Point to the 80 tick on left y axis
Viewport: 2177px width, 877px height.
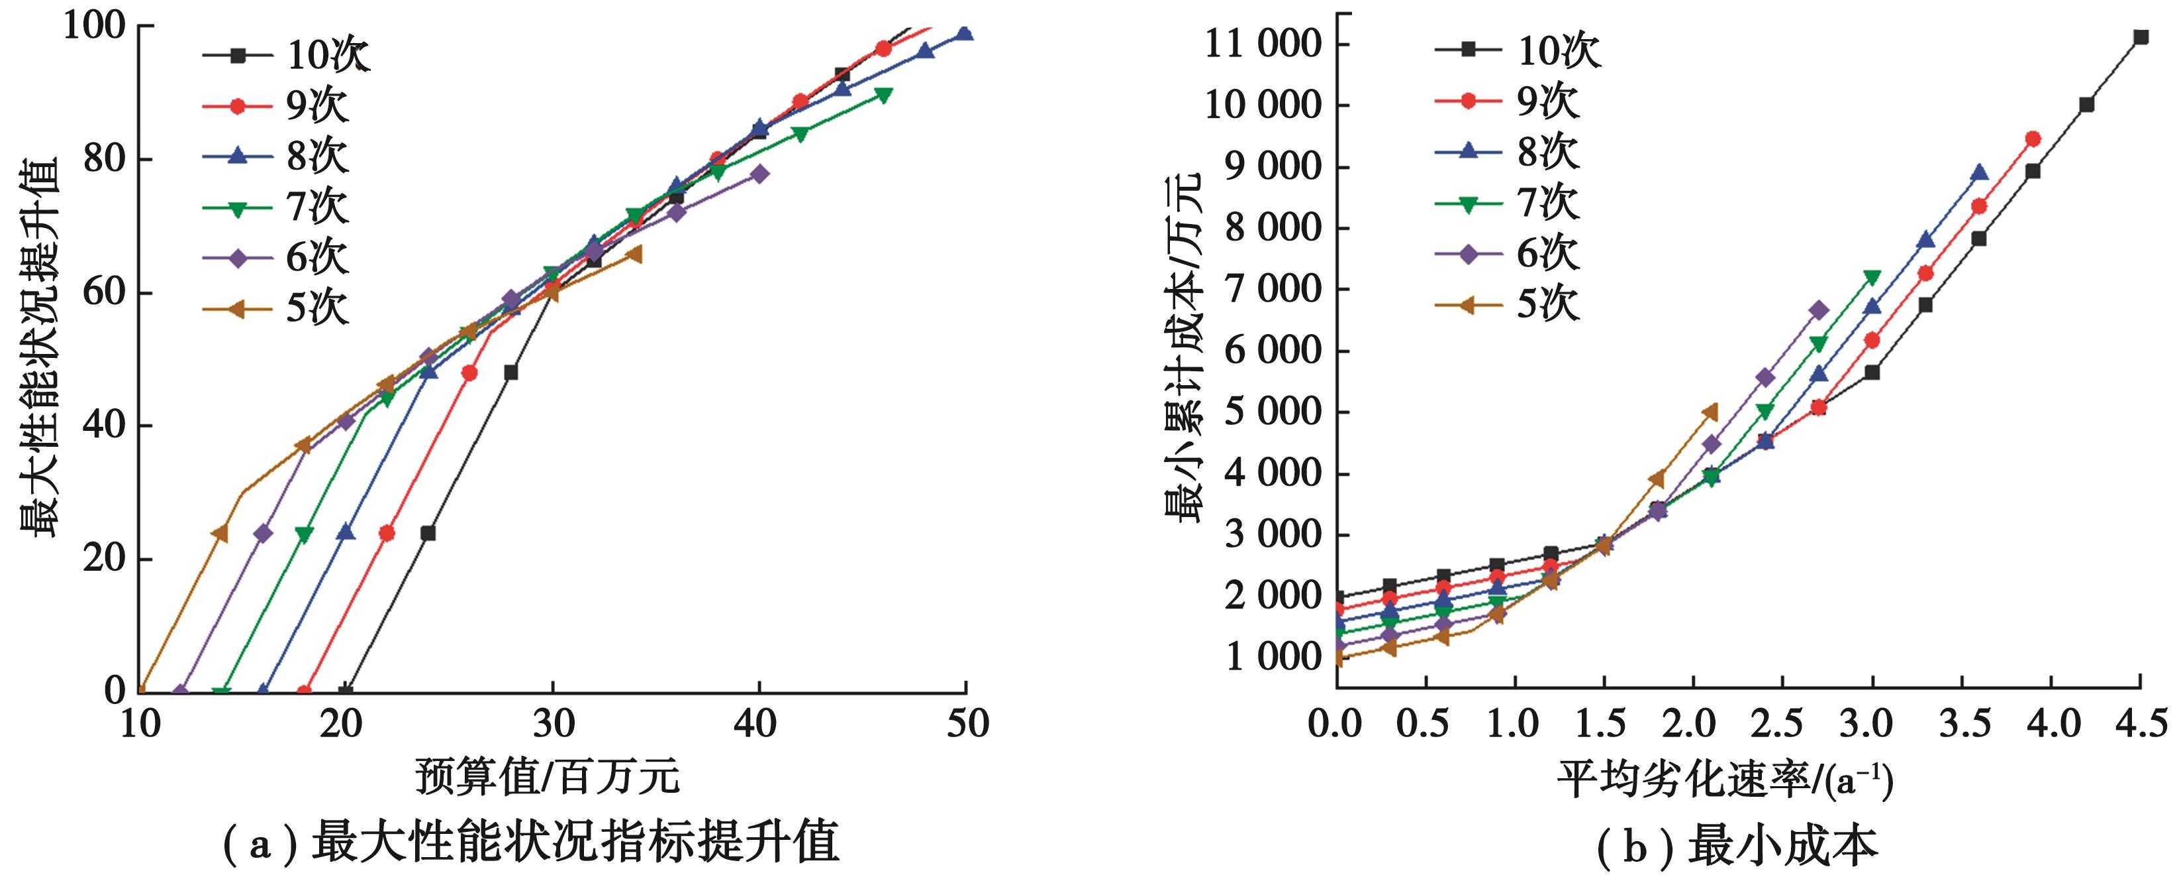pyautogui.click(x=105, y=159)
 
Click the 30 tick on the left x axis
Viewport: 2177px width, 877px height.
pyautogui.click(x=553, y=724)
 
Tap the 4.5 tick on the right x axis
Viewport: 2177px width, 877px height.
pyautogui.click(x=2140, y=724)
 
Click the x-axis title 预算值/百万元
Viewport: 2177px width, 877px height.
pyautogui.click(x=548, y=776)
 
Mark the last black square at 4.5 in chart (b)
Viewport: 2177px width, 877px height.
pyautogui.click(x=2141, y=37)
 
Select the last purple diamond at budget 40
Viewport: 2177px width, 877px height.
pyautogui.click(x=759, y=174)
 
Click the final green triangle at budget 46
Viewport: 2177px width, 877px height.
pyautogui.click(x=883, y=95)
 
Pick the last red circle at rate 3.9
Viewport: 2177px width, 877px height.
pyautogui.click(x=2033, y=139)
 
